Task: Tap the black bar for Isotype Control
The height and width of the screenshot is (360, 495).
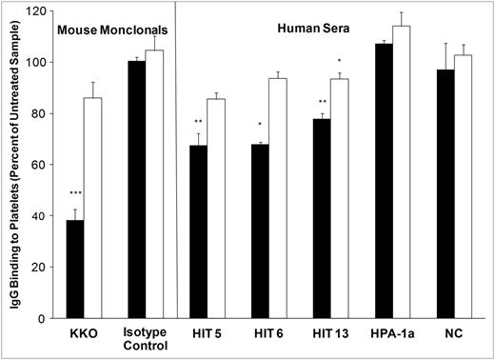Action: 136,190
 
